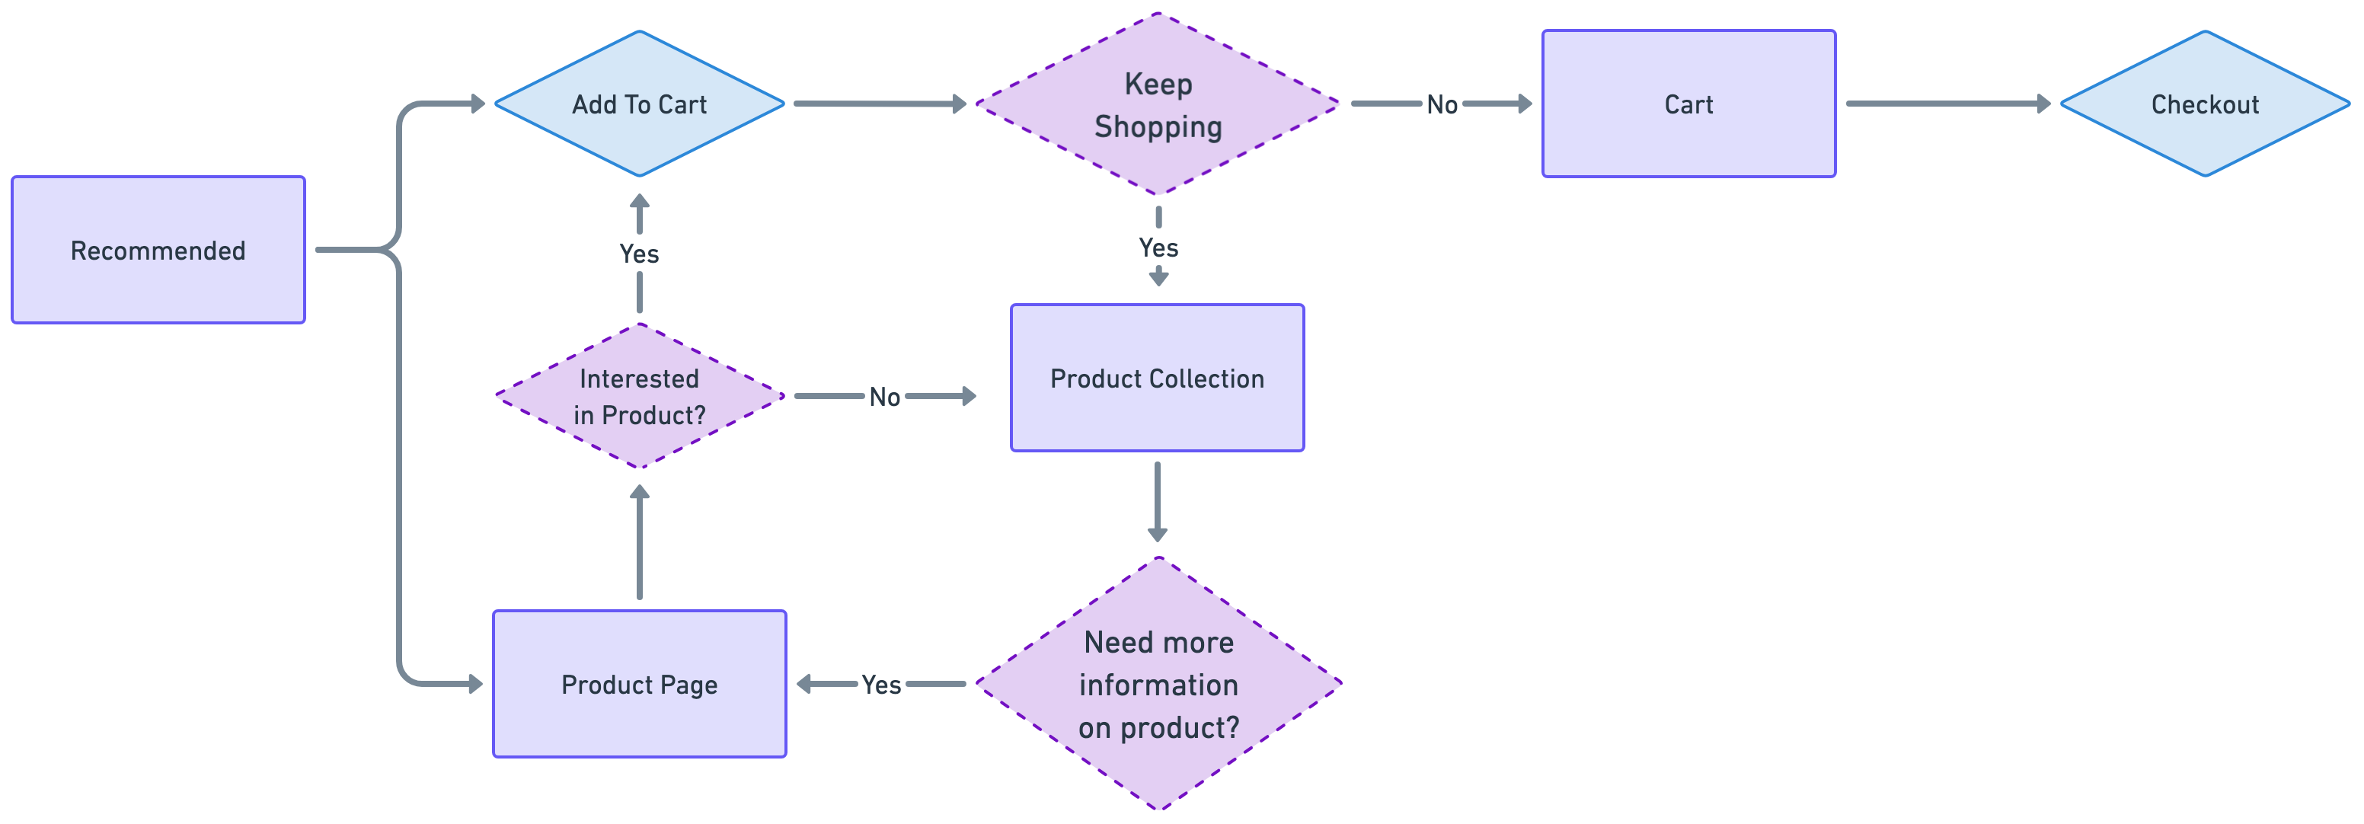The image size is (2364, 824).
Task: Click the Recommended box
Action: [x=158, y=250]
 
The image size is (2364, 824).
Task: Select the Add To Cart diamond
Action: [x=640, y=104]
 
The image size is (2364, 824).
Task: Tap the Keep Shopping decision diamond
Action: [x=1158, y=104]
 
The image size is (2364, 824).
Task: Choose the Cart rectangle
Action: [x=1688, y=104]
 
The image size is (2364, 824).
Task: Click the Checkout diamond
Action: [x=2204, y=104]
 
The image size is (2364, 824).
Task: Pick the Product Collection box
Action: [x=1157, y=378]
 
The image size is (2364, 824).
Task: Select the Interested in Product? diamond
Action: [x=640, y=397]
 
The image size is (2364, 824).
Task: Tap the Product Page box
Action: [x=640, y=685]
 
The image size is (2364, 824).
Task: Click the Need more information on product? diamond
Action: [x=1158, y=685]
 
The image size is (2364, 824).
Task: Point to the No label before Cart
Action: [x=1442, y=104]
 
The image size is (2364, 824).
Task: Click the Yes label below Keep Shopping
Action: [x=1158, y=248]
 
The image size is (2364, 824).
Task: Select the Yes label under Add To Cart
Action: [x=640, y=254]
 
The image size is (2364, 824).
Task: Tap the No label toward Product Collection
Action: [x=885, y=398]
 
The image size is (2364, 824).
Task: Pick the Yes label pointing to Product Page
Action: [x=881, y=685]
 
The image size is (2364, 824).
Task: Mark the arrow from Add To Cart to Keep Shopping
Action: [x=879, y=104]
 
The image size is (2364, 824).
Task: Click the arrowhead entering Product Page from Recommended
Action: [x=474, y=685]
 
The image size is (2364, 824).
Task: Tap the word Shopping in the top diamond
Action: [x=1158, y=126]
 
